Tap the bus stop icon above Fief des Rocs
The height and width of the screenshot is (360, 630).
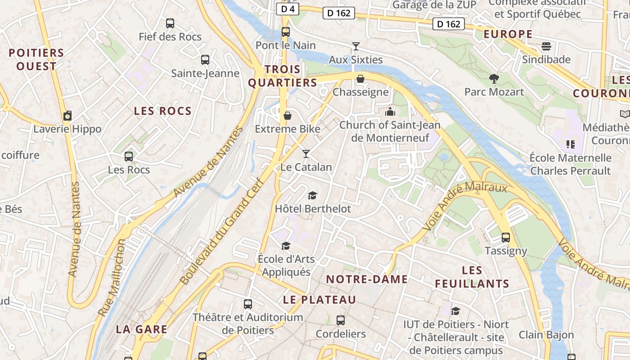[170, 23]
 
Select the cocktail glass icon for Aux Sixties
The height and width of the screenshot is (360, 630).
[356, 46]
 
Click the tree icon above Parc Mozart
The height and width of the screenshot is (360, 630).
[494, 79]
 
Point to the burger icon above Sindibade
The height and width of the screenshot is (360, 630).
[546, 46]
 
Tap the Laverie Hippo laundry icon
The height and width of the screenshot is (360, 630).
[67, 116]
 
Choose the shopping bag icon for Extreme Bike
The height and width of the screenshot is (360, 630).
[288, 116]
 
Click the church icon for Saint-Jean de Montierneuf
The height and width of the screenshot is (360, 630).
[390, 112]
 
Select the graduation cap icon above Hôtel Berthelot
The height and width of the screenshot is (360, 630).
[312, 195]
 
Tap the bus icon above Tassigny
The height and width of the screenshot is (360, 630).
[506, 237]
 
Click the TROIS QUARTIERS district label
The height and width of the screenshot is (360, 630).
[283, 76]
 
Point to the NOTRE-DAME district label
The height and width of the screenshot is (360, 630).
[367, 279]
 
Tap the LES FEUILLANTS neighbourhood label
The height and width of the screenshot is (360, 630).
[472, 277]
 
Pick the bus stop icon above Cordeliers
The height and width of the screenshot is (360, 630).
[341, 320]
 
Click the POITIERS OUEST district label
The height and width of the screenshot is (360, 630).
[36, 59]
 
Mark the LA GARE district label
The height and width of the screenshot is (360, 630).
[142, 329]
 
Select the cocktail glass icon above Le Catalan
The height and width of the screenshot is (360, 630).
[306, 154]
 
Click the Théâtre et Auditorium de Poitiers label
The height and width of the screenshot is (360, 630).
[248, 324]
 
